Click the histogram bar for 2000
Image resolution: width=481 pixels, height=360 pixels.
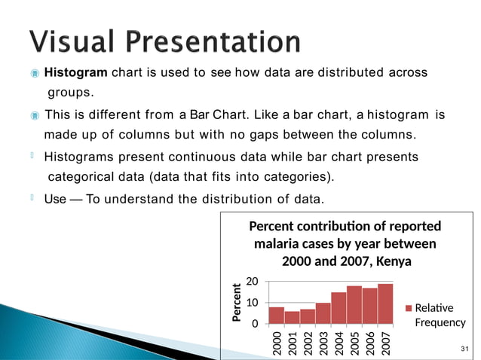[277, 316]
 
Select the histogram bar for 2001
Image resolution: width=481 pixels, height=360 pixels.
[292, 318]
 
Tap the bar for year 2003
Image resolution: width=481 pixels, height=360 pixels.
[323, 313]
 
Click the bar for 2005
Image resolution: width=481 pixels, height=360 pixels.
[354, 305]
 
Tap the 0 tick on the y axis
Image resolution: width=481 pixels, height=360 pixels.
[256, 324]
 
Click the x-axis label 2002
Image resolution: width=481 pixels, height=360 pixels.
[308, 341]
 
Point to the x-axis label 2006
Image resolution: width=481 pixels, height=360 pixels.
[370, 341]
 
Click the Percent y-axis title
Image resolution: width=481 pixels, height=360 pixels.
[237, 303]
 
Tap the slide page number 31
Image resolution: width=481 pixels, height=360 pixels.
[464, 348]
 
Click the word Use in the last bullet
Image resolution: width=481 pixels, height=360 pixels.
[55, 199]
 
